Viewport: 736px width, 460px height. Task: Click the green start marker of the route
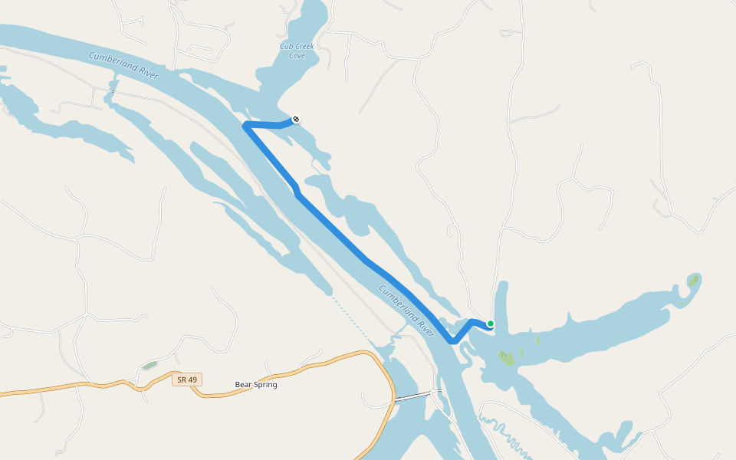pyautogui.click(x=491, y=324)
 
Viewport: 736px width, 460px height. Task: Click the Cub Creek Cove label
pyautogui.click(x=297, y=51)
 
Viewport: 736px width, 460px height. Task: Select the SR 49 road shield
pyautogui.click(x=186, y=379)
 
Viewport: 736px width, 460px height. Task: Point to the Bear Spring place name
pyautogui.click(x=255, y=385)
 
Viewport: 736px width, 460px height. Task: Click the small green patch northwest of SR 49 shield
pyautogui.click(x=149, y=366)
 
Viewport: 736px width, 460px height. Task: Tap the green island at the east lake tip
pyautogui.click(x=694, y=280)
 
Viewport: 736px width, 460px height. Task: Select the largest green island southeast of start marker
pyautogui.click(x=506, y=357)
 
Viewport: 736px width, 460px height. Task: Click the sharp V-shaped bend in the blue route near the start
pyautogui.click(x=453, y=341)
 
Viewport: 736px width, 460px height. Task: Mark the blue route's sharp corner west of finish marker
pyautogui.click(x=245, y=124)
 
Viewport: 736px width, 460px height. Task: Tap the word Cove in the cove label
pyautogui.click(x=297, y=55)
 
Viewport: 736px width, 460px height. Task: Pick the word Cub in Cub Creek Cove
pyautogui.click(x=286, y=47)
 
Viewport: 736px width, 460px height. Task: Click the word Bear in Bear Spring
pyautogui.click(x=243, y=385)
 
